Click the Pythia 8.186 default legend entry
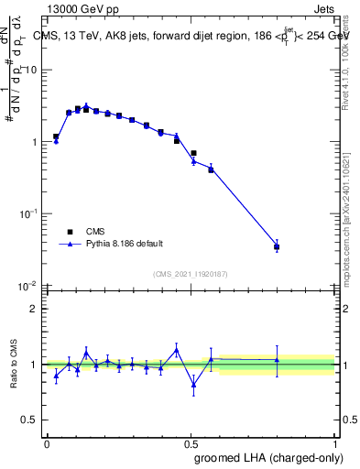[125, 245]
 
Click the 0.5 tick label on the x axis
[191, 443]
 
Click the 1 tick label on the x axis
[334, 443]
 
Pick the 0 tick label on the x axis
[46, 443]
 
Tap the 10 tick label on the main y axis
[31, 71]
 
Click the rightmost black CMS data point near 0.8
[277, 246]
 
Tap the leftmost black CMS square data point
[56, 136]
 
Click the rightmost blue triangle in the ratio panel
[277, 360]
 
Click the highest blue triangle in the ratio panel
[176, 350]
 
